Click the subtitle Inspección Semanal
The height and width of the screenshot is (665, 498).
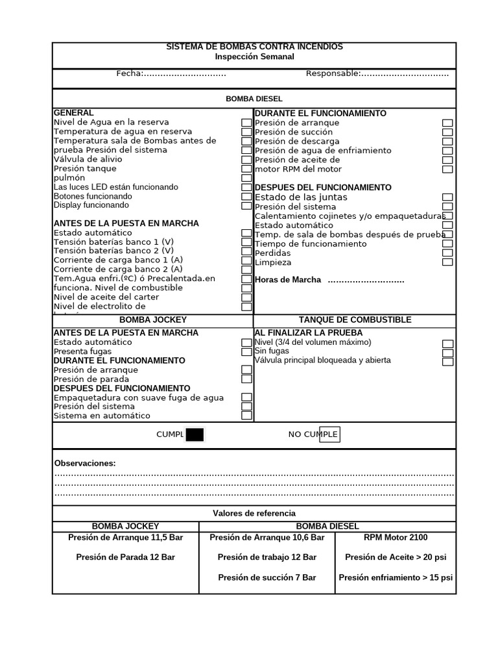(254, 56)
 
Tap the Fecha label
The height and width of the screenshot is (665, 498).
(129, 73)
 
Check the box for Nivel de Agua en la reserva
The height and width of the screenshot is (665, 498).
(246, 123)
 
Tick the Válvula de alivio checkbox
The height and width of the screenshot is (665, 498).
(246, 160)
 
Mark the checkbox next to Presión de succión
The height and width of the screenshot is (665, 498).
(447, 132)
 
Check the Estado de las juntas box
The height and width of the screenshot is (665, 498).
(447, 197)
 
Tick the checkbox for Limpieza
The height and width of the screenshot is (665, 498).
(447, 262)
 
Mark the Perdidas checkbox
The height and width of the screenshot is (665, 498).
(447, 253)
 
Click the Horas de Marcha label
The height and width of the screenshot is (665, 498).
(288, 280)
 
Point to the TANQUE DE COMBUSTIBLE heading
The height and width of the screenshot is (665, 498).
(355, 320)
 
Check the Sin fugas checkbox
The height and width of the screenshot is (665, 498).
(447, 353)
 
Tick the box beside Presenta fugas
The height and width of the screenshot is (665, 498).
(246, 352)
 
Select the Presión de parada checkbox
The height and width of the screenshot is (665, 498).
(246, 379)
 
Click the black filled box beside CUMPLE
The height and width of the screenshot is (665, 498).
(195, 434)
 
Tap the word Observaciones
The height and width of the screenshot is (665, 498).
(85, 464)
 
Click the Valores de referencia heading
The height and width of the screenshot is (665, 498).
(254, 514)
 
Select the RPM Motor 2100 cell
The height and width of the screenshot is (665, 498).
(396, 538)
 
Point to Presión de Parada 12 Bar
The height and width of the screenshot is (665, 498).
(126, 557)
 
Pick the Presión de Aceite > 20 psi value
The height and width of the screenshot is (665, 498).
(396, 557)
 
